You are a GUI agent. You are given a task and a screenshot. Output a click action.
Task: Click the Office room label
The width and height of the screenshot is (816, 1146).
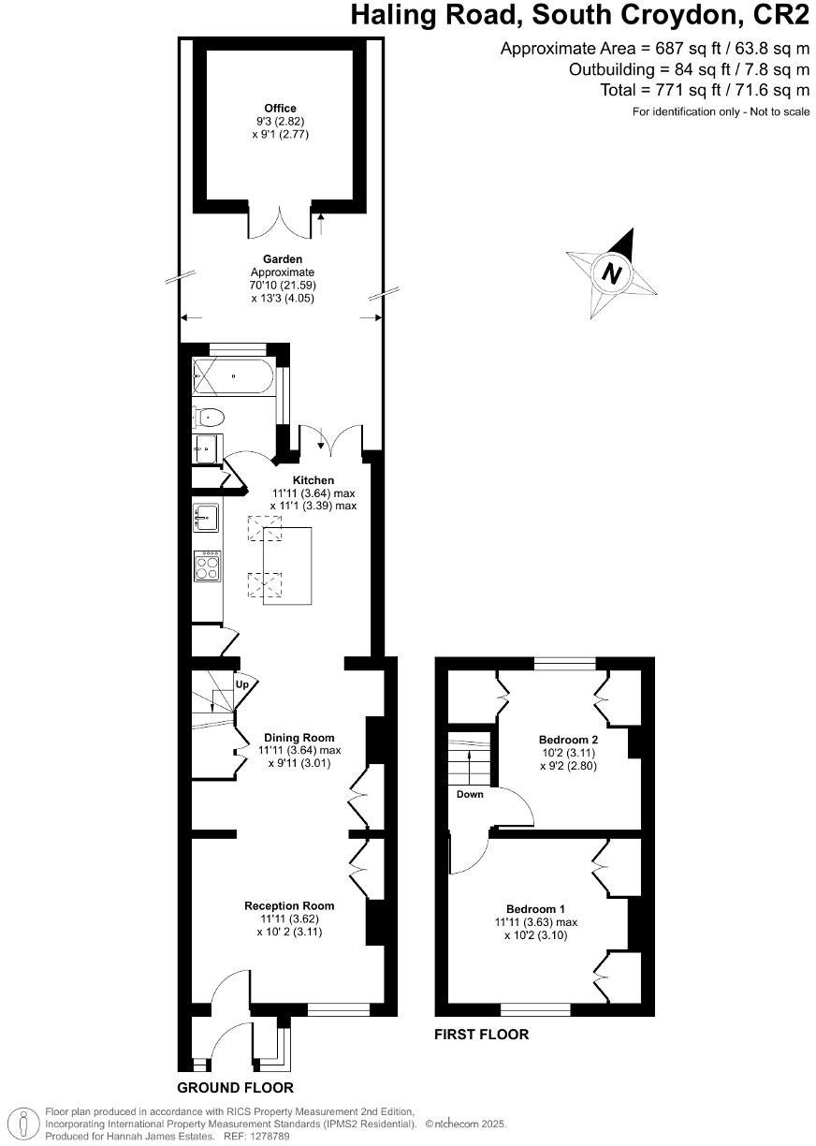tap(280, 109)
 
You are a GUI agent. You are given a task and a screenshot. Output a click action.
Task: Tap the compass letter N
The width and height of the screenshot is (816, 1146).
tap(612, 274)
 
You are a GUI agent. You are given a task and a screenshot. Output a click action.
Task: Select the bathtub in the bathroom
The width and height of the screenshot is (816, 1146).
tap(233, 378)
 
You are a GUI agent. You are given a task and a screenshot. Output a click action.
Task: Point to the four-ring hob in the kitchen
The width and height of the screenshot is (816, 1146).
tap(207, 566)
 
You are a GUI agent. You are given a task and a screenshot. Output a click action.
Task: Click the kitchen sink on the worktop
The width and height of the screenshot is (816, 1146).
tap(206, 516)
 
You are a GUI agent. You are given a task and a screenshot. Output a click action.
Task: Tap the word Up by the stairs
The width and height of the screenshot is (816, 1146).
tap(242, 684)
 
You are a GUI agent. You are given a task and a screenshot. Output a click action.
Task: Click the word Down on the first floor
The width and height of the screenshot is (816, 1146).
tap(470, 795)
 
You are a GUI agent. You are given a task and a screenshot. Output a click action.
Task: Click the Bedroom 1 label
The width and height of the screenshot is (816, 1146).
tap(535, 909)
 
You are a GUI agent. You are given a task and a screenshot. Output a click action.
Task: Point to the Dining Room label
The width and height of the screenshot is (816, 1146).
tap(299, 738)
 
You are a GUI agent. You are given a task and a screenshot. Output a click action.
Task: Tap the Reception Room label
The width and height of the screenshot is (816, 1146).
tap(289, 905)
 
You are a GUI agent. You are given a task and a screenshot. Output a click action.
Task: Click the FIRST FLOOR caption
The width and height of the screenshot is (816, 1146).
tap(481, 1035)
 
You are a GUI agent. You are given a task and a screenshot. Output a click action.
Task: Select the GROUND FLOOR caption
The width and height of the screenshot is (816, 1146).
tap(235, 1088)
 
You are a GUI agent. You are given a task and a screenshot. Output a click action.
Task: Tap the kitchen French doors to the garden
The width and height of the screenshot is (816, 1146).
tap(329, 437)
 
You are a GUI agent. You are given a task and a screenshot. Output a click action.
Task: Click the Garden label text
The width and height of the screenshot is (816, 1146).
tap(280, 259)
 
